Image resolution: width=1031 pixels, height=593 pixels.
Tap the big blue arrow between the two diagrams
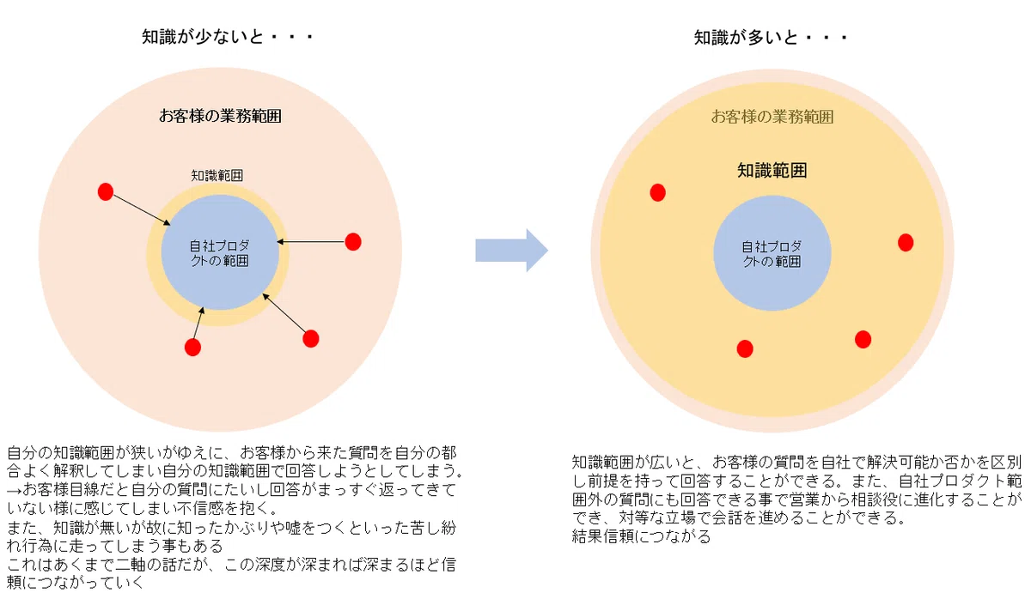point(511,251)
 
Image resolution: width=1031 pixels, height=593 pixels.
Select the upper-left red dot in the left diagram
point(106,191)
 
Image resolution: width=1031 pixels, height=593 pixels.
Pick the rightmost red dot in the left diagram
point(353,242)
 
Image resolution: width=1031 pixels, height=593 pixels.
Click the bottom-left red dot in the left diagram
point(192,347)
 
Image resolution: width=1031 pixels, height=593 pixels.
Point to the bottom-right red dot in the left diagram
point(311,339)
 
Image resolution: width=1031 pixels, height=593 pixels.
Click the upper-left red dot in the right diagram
point(658,192)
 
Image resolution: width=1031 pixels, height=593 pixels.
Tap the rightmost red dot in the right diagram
point(906,243)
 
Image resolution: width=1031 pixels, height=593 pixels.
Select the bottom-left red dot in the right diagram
point(745,349)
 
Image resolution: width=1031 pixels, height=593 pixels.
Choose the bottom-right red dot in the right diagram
point(863,340)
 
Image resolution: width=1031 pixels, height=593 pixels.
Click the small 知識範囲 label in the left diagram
point(217,175)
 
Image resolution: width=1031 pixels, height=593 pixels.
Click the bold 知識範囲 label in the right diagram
point(772,171)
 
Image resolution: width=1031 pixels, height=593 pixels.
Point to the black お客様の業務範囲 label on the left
point(220,116)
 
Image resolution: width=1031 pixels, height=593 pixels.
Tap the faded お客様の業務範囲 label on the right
point(772,117)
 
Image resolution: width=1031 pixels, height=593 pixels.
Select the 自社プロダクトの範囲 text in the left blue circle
point(220,253)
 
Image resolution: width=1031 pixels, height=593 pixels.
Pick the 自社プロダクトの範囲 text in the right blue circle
point(772,254)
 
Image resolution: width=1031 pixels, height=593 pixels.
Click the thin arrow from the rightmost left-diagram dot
point(311,241)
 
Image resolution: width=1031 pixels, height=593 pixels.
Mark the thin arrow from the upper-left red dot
point(142,210)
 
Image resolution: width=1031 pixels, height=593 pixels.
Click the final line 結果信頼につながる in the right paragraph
point(642,536)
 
